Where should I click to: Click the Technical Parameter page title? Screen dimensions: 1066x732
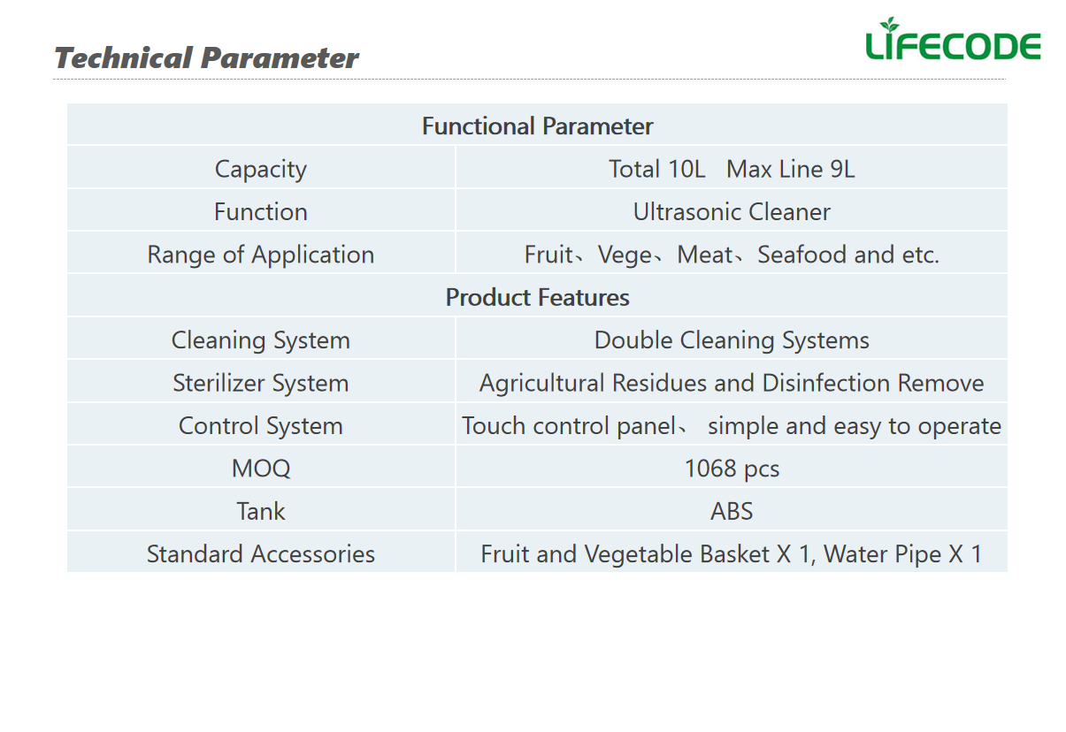[206, 58]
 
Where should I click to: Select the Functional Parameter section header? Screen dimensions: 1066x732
[537, 126]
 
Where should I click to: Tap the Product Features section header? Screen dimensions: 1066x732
[537, 297]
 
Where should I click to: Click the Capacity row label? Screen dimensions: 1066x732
[261, 170]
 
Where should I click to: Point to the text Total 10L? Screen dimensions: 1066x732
[656, 169]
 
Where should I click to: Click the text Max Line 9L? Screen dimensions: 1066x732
[791, 169]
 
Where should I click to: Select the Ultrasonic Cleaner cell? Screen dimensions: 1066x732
[732, 211]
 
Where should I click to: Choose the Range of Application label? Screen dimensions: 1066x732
[261, 255]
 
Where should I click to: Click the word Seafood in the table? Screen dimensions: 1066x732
[802, 255]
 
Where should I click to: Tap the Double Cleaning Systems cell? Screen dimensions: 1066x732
[732, 340]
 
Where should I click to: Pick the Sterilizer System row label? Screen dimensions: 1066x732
[261, 384]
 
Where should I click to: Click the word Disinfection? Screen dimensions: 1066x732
[826, 383]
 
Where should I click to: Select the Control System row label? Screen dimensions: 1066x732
[261, 426]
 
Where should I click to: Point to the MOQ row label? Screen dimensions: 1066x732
[261, 469]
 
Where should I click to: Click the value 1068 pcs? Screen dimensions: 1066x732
[732, 469]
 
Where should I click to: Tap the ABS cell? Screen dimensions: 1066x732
[732, 511]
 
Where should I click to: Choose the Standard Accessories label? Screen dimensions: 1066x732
[261, 554]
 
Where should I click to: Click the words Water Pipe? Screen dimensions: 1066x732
[882, 554]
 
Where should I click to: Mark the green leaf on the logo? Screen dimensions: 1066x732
[889, 23]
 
